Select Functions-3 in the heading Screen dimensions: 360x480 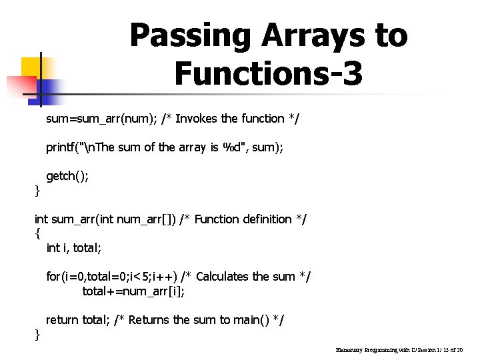(x=269, y=73)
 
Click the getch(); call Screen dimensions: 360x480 (x=67, y=176)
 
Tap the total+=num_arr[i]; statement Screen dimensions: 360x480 (x=133, y=291)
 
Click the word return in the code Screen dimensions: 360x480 (x=62, y=320)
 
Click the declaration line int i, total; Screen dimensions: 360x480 (x=74, y=248)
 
